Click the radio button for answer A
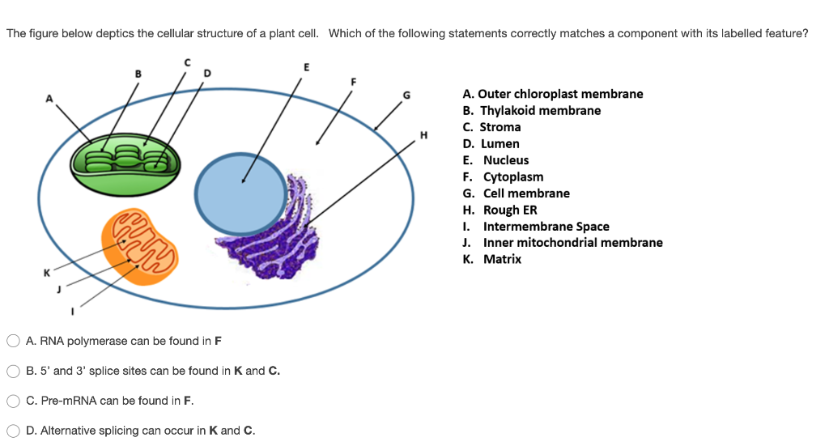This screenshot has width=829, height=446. (x=14, y=341)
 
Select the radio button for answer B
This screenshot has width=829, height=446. (x=14, y=371)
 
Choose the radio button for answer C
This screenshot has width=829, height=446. (x=14, y=401)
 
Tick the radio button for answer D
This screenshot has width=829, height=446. (x=14, y=431)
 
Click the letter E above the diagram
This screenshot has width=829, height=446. (x=305, y=66)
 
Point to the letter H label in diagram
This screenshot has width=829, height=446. (x=423, y=134)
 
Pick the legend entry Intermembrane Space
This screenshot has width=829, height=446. (x=546, y=227)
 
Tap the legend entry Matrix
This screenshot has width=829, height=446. (x=501, y=259)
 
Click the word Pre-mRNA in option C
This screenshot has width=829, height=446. (x=63, y=401)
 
